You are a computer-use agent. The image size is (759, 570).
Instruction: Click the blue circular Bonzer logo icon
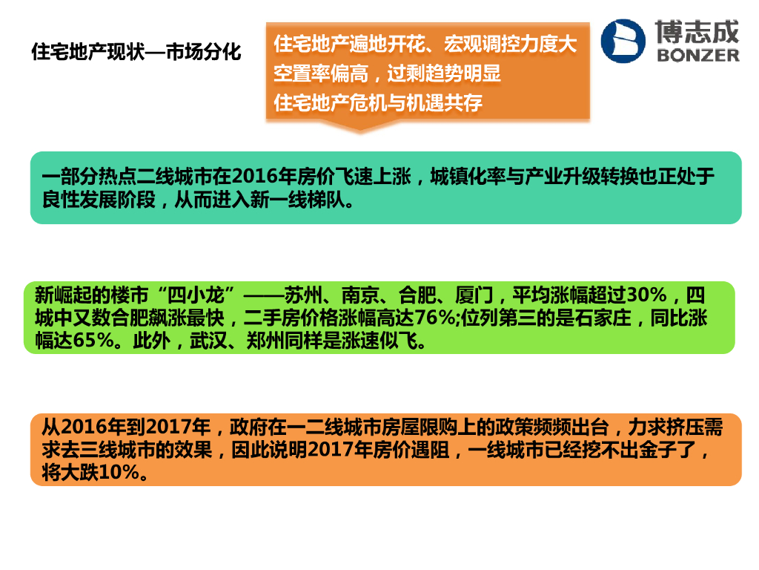[623, 42]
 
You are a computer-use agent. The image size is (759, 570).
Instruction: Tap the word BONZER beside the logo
[698, 55]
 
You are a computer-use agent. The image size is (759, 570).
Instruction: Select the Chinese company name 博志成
[697, 31]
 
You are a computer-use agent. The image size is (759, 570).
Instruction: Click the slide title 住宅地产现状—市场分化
[136, 52]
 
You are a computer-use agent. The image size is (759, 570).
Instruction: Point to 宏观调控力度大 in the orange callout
[511, 44]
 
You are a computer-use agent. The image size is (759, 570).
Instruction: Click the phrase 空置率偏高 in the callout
[321, 73]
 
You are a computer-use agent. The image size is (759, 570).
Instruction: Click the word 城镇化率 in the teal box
[468, 177]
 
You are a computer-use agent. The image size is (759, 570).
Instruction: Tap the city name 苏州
[303, 295]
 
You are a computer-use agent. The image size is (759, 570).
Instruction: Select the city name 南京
[360, 295]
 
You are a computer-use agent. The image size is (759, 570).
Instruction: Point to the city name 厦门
[474, 295]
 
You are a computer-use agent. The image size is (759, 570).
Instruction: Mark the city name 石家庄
[603, 318]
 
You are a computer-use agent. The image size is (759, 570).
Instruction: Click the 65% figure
[93, 341]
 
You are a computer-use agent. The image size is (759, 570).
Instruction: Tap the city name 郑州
[265, 341]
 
